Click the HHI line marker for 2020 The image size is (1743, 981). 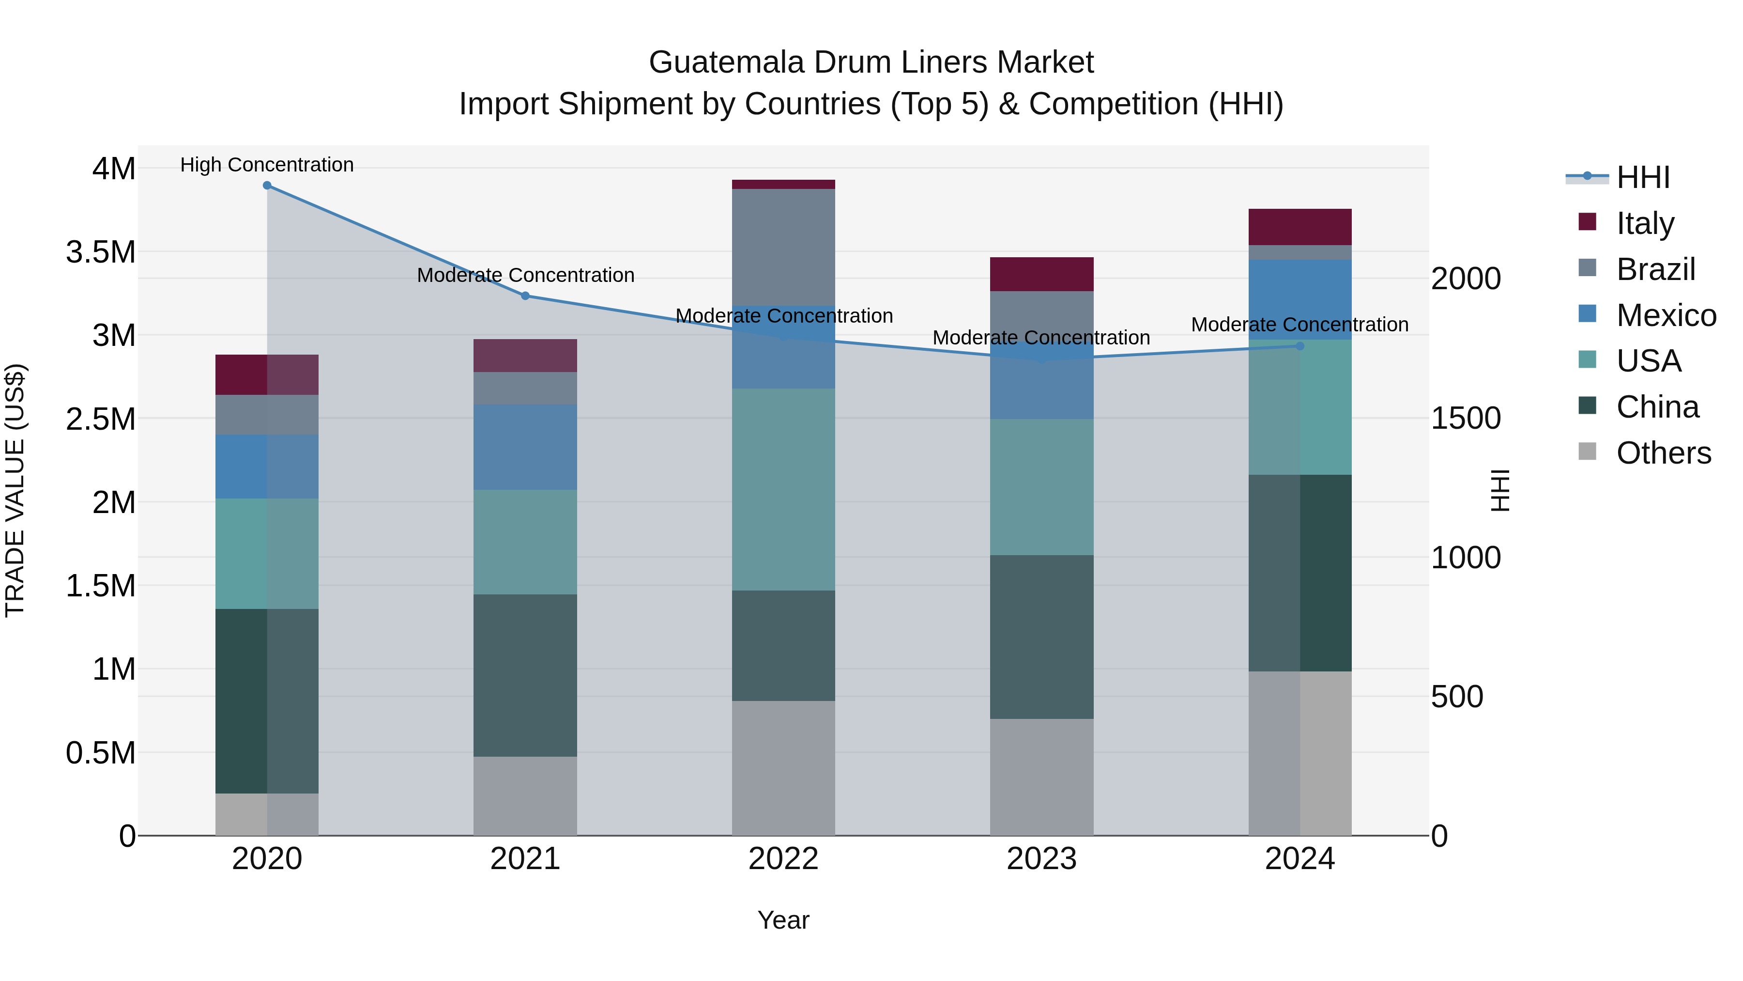click(267, 186)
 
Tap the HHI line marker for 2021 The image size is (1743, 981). click(526, 296)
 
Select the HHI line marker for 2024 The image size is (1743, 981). click(1300, 346)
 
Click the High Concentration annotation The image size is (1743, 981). click(267, 165)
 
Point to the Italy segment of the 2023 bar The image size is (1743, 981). click(1042, 274)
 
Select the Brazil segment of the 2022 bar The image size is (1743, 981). click(783, 247)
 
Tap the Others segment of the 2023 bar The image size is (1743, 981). click(1042, 777)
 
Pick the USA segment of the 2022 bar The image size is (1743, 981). click(783, 489)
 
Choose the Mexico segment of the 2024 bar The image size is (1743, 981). click(1300, 299)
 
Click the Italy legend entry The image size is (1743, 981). click(1644, 223)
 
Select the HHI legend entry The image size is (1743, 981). click(1642, 177)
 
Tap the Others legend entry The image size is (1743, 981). click(1663, 453)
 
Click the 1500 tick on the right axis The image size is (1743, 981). click(1466, 419)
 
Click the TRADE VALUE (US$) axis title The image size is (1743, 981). click(15, 490)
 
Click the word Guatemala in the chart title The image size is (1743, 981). click(727, 63)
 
